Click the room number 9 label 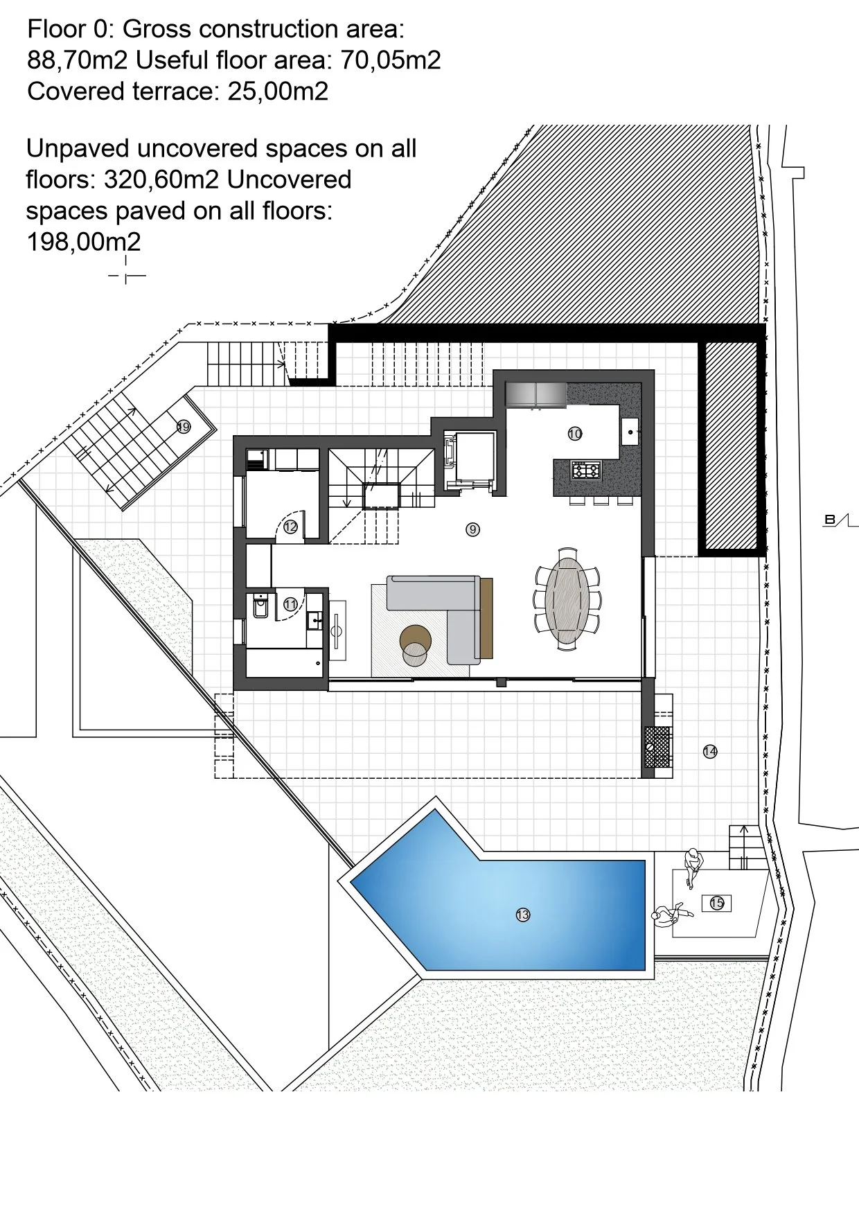tap(472, 529)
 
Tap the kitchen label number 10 tap(575, 434)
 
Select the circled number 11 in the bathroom tap(290, 604)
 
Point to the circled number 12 tap(290, 527)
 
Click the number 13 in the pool tap(523, 915)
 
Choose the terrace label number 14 tap(710, 751)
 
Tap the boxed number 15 tap(717, 903)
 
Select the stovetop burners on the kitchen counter tap(585, 471)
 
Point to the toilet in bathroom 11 tap(260, 606)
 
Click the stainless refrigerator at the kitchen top tap(536, 395)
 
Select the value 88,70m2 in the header tap(78, 60)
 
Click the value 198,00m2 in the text tap(84, 242)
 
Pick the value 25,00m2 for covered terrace tap(278, 91)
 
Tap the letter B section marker tap(829, 520)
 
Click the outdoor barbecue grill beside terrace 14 tap(658, 747)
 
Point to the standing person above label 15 tap(693, 867)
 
